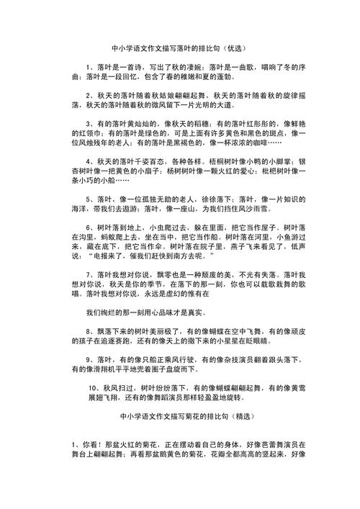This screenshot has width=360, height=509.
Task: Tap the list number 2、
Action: (91, 94)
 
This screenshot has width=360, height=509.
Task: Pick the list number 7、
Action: (91, 274)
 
